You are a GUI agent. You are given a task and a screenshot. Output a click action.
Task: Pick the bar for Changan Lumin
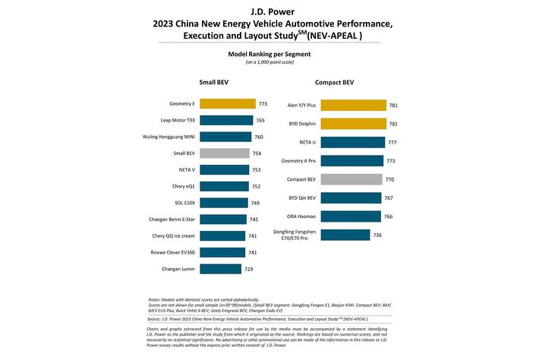click(220, 269)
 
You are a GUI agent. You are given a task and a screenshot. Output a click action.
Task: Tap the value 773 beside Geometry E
click(263, 104)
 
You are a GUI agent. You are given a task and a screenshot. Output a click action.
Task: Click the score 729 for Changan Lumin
click(248, 269)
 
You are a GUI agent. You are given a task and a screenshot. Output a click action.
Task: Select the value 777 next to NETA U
click(393, 142)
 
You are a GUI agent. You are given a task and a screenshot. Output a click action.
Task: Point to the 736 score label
click(377, 235)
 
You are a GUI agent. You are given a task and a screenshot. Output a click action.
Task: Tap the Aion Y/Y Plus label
click(301, 106)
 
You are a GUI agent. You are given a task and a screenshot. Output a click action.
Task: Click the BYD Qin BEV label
click(302, 198)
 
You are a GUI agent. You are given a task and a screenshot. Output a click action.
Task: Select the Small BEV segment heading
click(213, 82)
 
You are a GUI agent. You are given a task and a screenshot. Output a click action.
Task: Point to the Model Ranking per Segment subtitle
click(269, 55)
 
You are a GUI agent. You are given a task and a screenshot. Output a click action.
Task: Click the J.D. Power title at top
click(269, 11)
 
